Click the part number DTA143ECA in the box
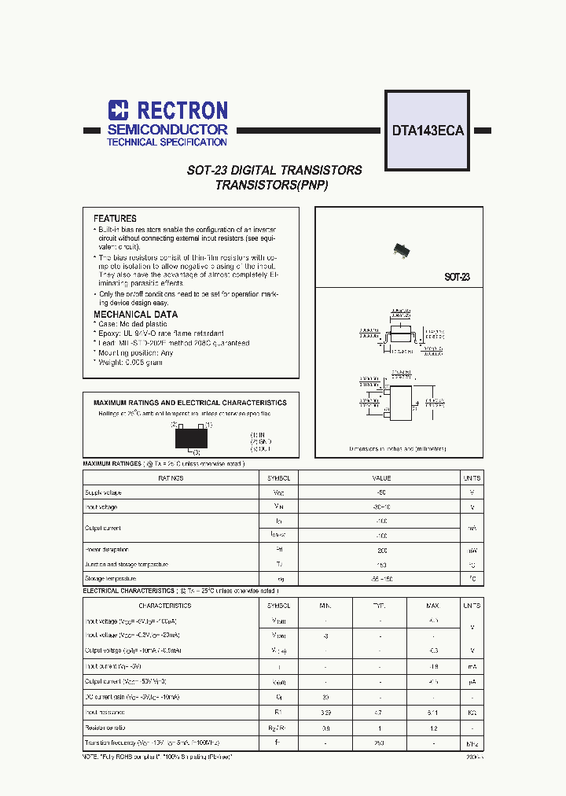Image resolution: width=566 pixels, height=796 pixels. (x=428, y=131)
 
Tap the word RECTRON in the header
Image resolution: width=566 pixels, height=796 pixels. (x=182, y=110)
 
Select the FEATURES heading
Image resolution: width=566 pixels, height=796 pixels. (x=115, y=218)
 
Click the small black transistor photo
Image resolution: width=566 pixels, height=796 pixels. (x=402, y=250)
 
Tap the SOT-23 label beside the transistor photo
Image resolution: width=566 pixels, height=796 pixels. (x=457, y=277)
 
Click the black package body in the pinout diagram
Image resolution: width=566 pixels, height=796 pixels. (x=191, y=437)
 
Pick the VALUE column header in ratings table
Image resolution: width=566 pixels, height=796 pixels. (x=381, y=478)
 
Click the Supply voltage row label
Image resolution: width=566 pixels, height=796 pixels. (x=103, y=492)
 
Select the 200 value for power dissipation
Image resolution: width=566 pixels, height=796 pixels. (x=381, y=550)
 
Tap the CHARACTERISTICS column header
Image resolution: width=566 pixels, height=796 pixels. (x=164, y=606)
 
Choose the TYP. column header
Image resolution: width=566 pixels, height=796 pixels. (x=381, y=606)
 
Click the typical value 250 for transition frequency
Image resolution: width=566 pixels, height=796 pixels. (x=381, y=743)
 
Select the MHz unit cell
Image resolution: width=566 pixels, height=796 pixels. (x=472, y=743)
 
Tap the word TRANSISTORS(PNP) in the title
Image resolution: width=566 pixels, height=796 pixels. (x=271, y=186)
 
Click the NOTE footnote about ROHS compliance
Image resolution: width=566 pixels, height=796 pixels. (x=158, y=756)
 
